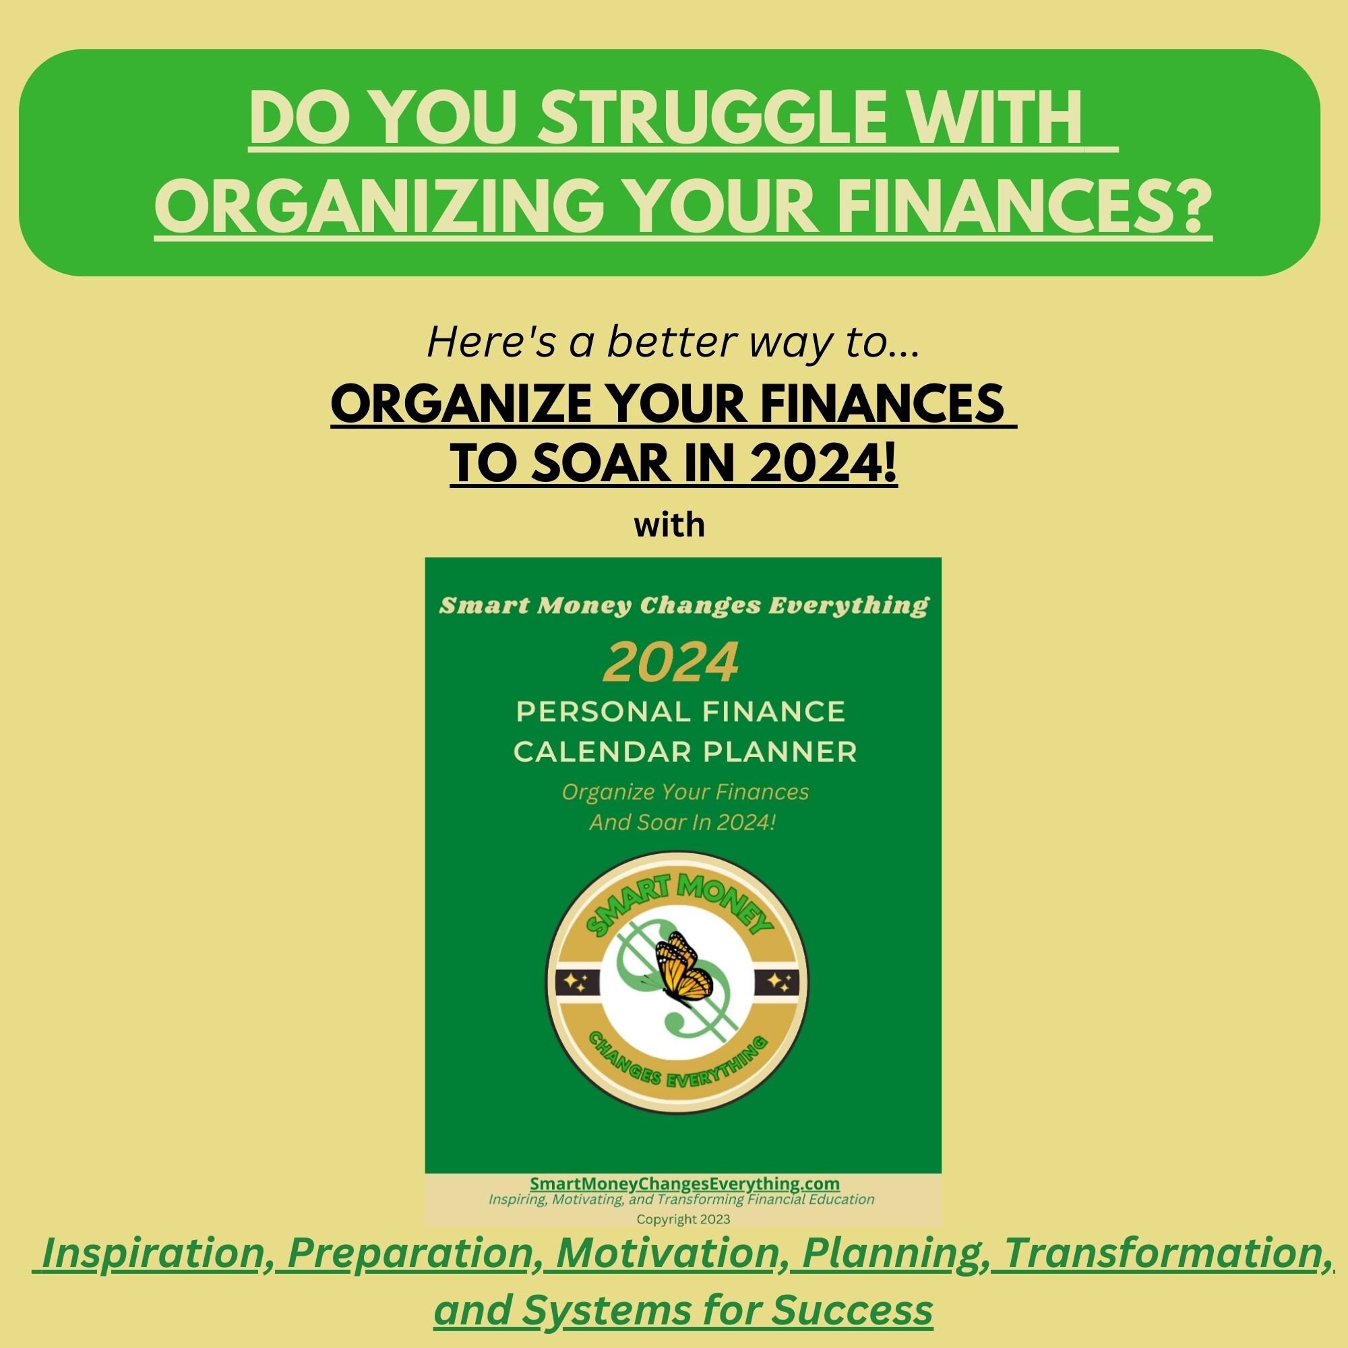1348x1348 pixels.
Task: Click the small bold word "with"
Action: click(x=670, y=524)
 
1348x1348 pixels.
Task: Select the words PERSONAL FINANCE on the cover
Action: click(x=680, y=712)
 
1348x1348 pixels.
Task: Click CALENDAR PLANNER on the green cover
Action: click(x=685, y=752)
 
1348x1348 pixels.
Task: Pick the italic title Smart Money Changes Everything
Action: click(x=683, y=607)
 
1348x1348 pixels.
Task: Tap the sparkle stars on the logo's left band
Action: click(x=577, y=983)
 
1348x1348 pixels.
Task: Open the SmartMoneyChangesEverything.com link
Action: click(x=685, y=1184)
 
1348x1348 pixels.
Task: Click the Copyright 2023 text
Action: click(x=683, y=1221)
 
